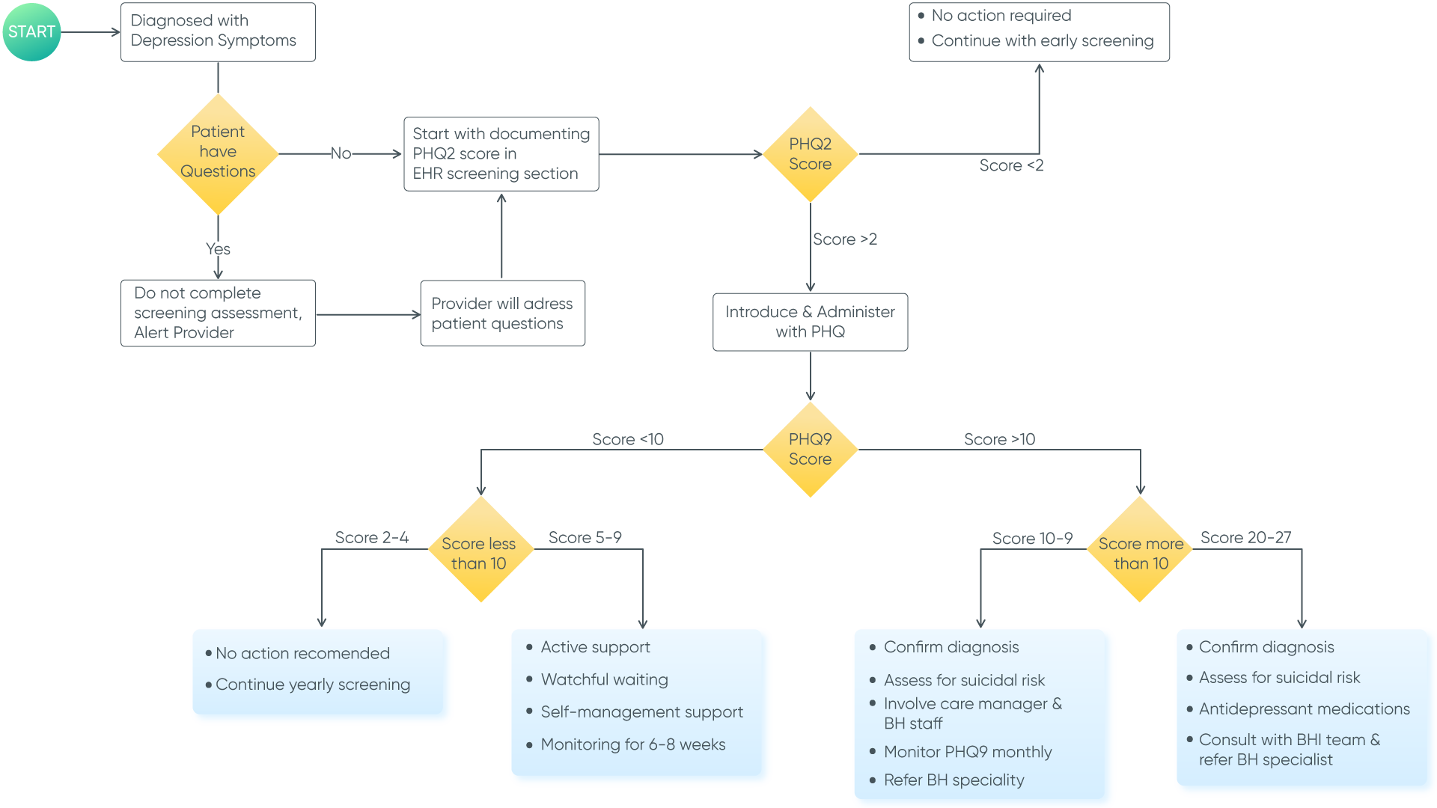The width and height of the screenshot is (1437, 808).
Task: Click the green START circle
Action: coord(31,31)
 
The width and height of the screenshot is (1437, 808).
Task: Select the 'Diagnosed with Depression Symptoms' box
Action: coord(218,31)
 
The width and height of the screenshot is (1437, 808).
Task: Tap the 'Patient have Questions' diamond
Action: coord(218,153)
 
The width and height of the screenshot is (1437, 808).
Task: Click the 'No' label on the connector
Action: coord(341,153)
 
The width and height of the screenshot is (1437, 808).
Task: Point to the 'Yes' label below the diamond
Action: coord(218,249)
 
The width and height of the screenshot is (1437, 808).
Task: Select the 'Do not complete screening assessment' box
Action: coord(218,313)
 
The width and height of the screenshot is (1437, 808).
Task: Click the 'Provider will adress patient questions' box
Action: coord(502,313)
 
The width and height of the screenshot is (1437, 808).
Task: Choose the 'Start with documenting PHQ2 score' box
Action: coord(501,154)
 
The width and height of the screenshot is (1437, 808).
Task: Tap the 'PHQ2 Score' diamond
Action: coord(810,154)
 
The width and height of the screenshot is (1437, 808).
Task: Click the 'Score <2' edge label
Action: coord(1010,165)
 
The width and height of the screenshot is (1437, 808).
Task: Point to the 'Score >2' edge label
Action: coord(844,239)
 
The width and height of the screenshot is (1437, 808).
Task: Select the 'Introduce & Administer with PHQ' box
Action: coord(810,322)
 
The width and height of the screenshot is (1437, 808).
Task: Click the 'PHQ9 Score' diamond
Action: coord(810,449)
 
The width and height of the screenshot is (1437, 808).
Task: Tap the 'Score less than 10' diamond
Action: coord(480,552)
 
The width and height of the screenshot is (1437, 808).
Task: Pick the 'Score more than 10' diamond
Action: coord(1140,552)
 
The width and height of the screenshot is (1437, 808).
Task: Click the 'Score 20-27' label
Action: coord(1245,537)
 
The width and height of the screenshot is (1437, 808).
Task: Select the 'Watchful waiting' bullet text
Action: coord(604,679)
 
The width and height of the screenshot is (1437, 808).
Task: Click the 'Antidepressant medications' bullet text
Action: coord(1304,708)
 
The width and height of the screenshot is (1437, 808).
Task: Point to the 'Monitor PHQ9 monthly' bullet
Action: coord(967,752)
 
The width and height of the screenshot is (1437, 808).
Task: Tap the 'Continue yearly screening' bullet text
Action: coord(312,685)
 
